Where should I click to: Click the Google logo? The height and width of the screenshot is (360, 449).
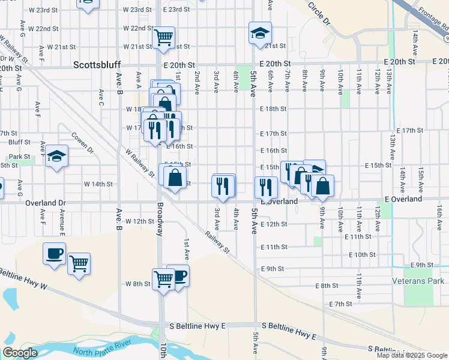(x=20, y=353)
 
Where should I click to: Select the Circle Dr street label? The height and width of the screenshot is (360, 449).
(x=319, y=13)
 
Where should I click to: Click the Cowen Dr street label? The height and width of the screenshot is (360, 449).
(x=82, y=142)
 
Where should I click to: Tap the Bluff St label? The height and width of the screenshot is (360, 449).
(x=20, y=142)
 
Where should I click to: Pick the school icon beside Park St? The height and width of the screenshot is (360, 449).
(x=56, y=156)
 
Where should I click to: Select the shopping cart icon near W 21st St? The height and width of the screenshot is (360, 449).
(x=163, y=37)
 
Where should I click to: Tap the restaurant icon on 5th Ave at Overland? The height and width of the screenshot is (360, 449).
(x=265, y=187)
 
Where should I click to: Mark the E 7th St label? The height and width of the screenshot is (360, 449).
(x=340, y=304)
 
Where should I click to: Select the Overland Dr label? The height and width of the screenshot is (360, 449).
(x=46, y=203)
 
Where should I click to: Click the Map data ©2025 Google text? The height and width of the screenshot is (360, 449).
(x=412, y=355)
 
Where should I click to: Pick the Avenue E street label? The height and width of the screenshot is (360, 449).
(x=62, y=222)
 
